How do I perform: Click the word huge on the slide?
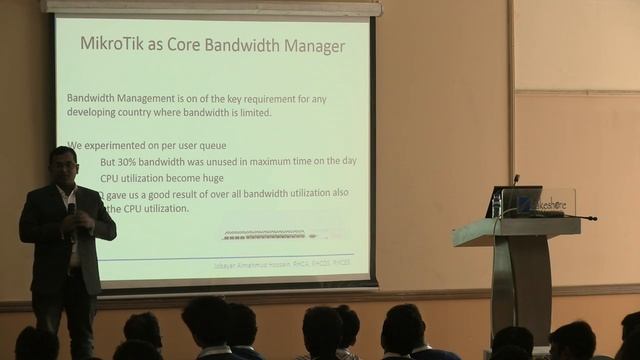223,177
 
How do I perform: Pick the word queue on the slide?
210,145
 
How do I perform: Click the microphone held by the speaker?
72,208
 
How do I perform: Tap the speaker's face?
64,163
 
